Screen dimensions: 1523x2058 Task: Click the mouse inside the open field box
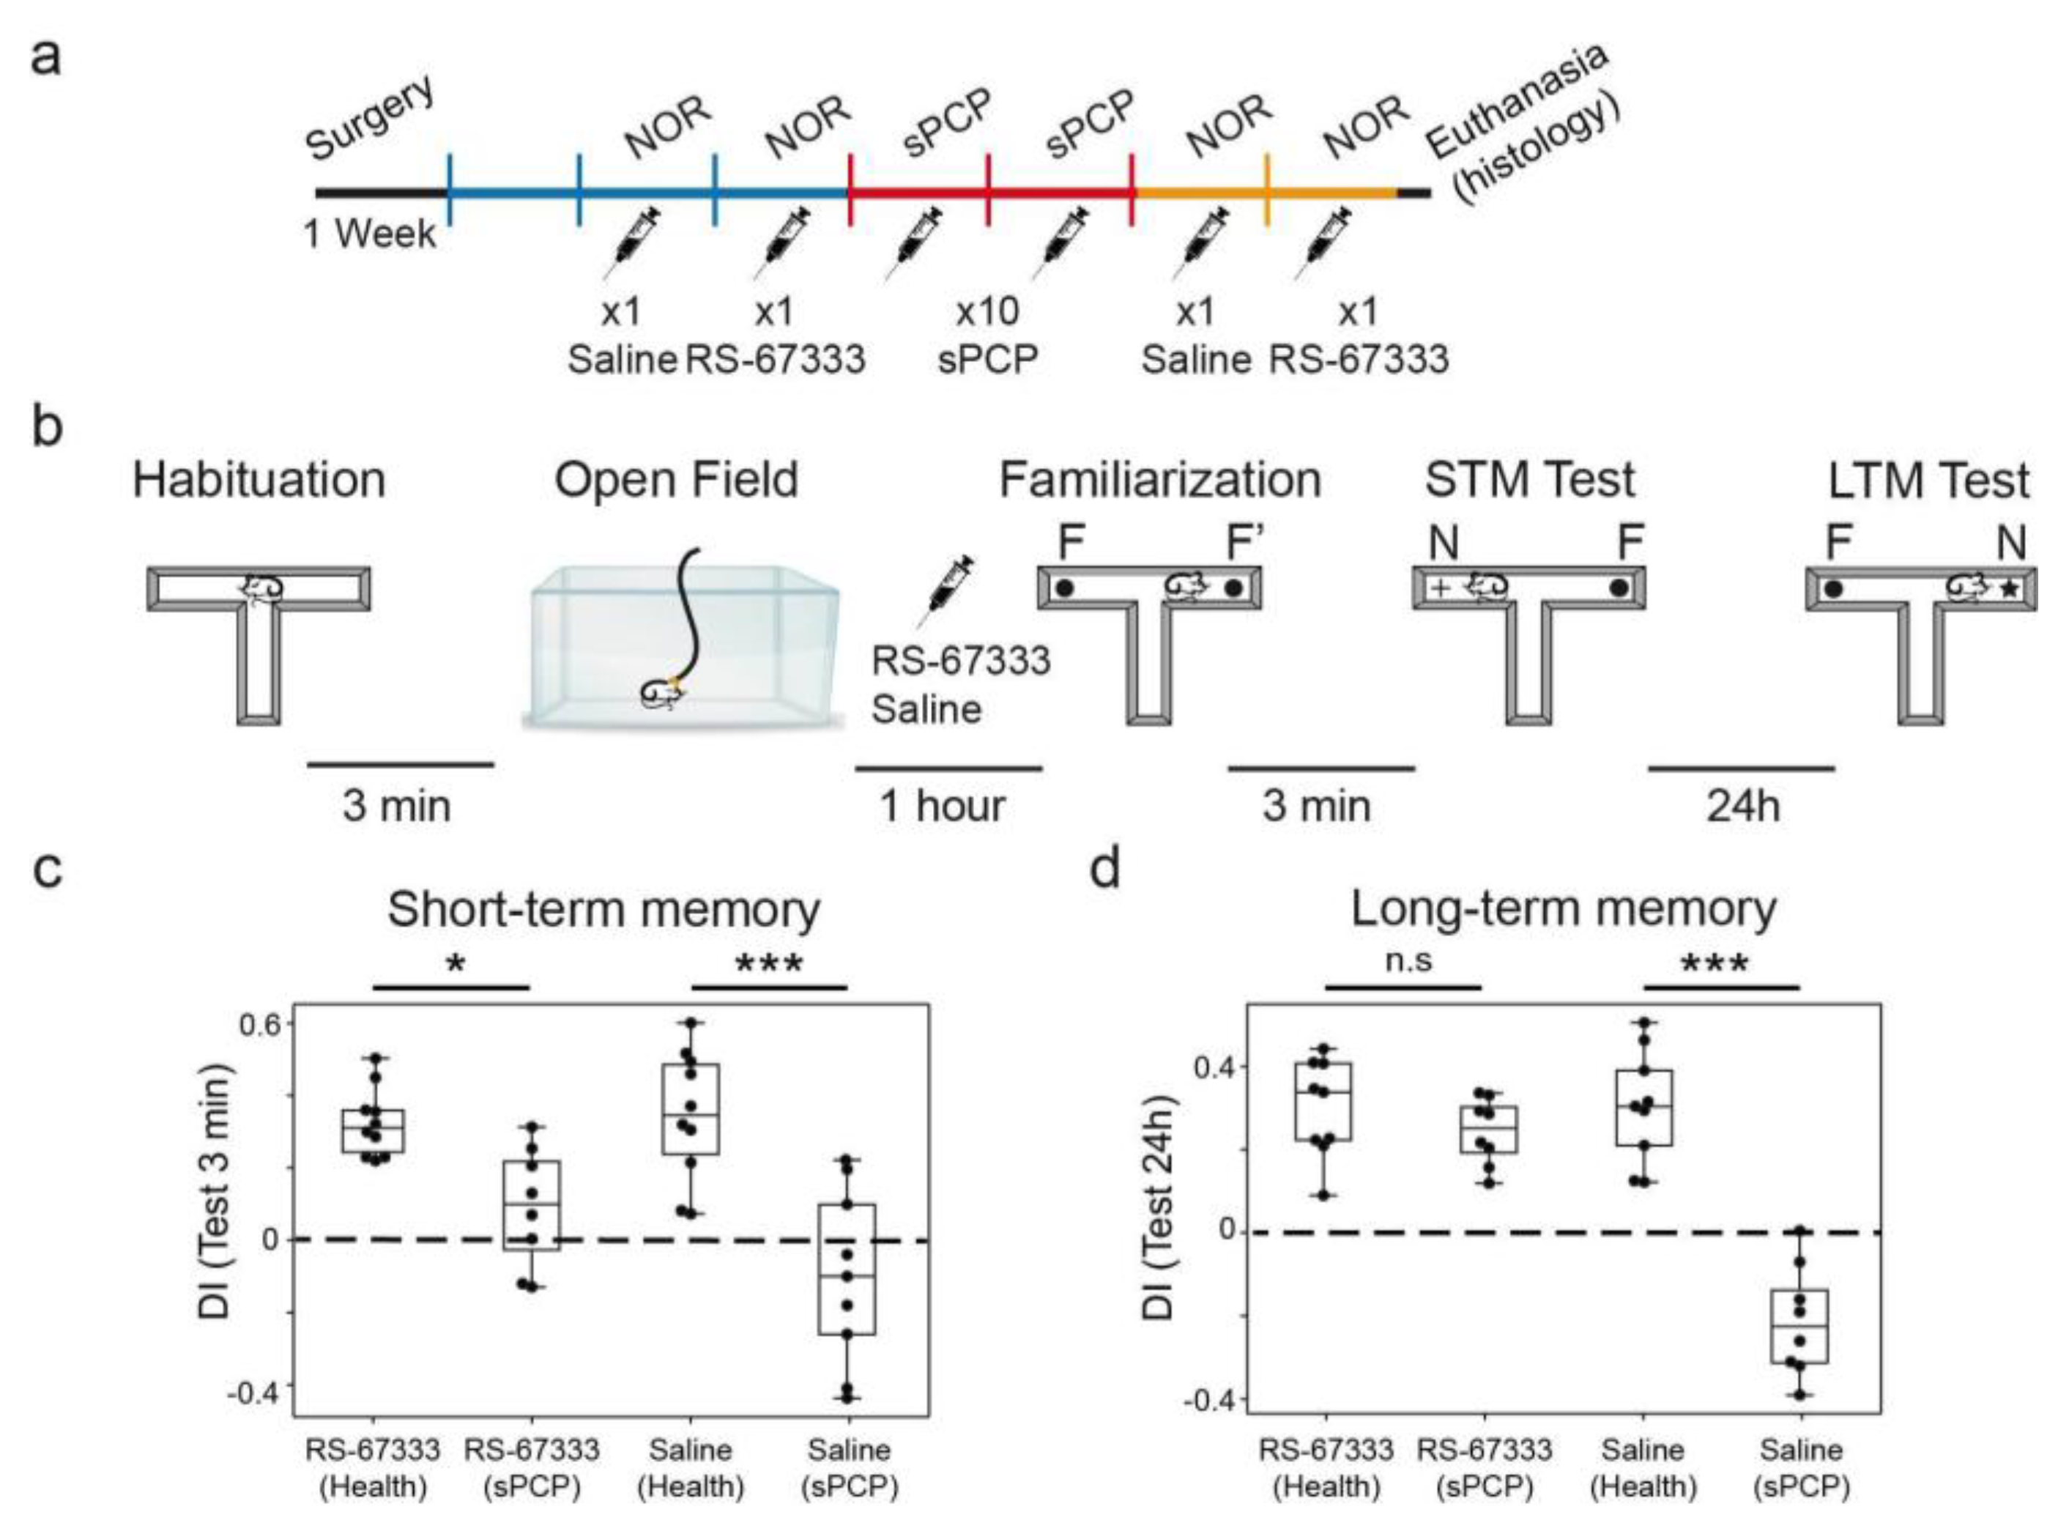[663, 693]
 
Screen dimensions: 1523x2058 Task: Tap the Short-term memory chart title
[603, 909]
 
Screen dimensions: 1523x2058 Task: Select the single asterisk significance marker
[453, 964]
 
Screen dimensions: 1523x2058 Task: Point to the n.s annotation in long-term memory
[1409, 960]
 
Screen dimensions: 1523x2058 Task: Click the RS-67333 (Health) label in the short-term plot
[374, 1467]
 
